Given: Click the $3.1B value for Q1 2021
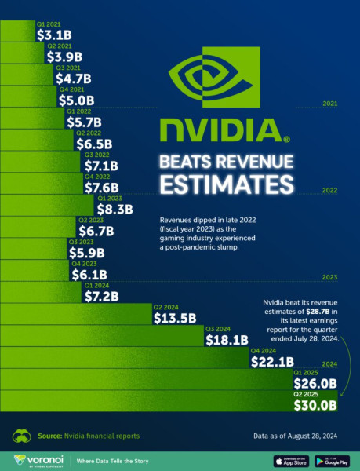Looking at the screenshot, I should coord(54,35).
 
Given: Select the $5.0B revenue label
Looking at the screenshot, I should coord(77,100).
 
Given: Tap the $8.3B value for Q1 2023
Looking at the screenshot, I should coord(115,210).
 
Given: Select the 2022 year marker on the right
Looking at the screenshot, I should coord(329,191).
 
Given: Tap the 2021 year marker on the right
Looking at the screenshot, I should coord(329,104).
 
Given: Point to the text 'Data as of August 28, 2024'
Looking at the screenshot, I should coord(296,436).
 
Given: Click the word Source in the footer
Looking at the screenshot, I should coord(49,436).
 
